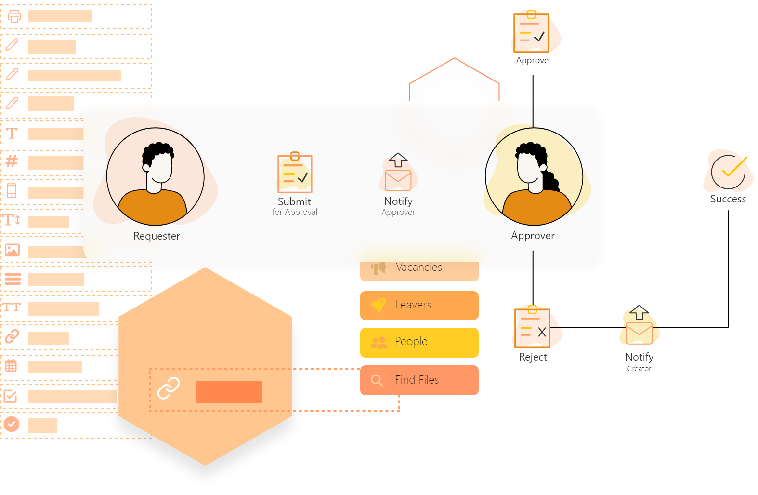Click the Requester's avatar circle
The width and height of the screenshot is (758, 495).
click(155, 176)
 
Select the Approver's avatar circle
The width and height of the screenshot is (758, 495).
click(534, 176)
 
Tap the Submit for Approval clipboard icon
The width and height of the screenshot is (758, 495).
click(295, 174)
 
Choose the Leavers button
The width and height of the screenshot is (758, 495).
click(419, 305)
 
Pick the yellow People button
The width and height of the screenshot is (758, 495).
click(419, 342)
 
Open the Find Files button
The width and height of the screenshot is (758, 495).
click(419, 380)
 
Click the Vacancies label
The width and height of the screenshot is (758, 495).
click(418, 268)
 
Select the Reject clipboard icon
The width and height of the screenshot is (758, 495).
click(533, 327)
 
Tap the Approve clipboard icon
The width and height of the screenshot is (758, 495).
click(532, 33)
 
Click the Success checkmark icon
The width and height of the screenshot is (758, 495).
click(728, 172)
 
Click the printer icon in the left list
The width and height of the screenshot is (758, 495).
click(14, 16)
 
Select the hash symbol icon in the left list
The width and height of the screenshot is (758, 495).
click(12, 161)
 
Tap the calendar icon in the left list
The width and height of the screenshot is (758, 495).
click(11, 366)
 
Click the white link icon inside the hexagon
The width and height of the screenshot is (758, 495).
click(169, 388)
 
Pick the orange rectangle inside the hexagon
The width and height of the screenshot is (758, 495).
click(229, 391)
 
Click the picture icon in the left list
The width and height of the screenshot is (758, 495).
click(13, 250)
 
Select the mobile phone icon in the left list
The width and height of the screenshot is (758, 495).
click(12, 191)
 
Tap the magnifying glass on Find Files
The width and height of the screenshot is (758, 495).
click(377, 380)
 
